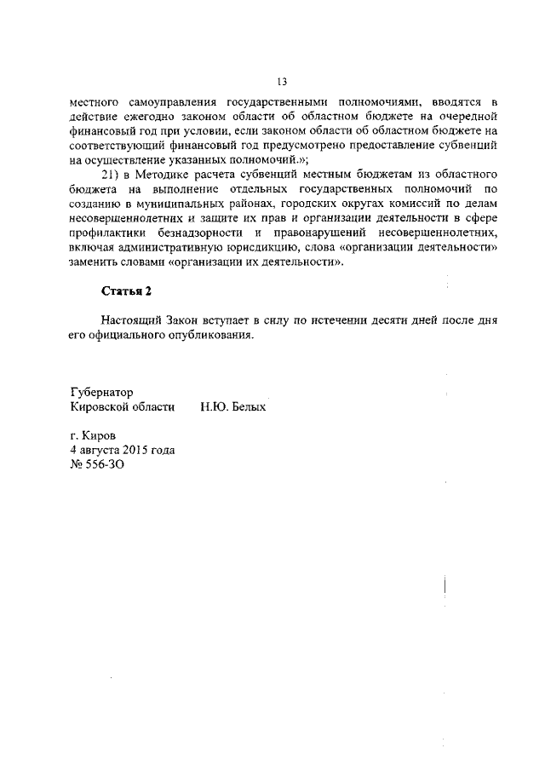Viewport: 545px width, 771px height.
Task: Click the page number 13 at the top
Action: [281, 82]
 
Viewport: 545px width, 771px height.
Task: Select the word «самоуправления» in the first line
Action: [176, 100]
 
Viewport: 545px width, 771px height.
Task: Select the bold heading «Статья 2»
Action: [126, 291]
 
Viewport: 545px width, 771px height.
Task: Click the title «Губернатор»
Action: [102, 393]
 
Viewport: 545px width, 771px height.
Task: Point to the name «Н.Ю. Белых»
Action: [233, 408]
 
